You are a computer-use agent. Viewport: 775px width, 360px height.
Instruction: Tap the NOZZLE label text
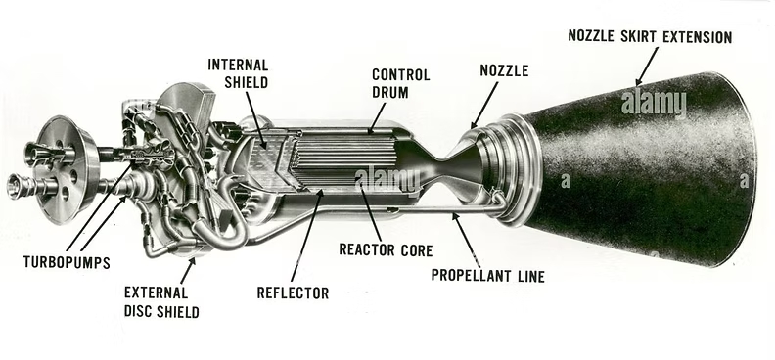pos(504,70)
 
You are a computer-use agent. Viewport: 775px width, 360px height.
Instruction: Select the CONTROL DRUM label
pos(396,82)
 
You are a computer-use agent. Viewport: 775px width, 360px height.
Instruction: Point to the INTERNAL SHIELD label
pos(238,72)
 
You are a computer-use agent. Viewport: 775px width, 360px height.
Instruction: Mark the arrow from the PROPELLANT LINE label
pos(462,234)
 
